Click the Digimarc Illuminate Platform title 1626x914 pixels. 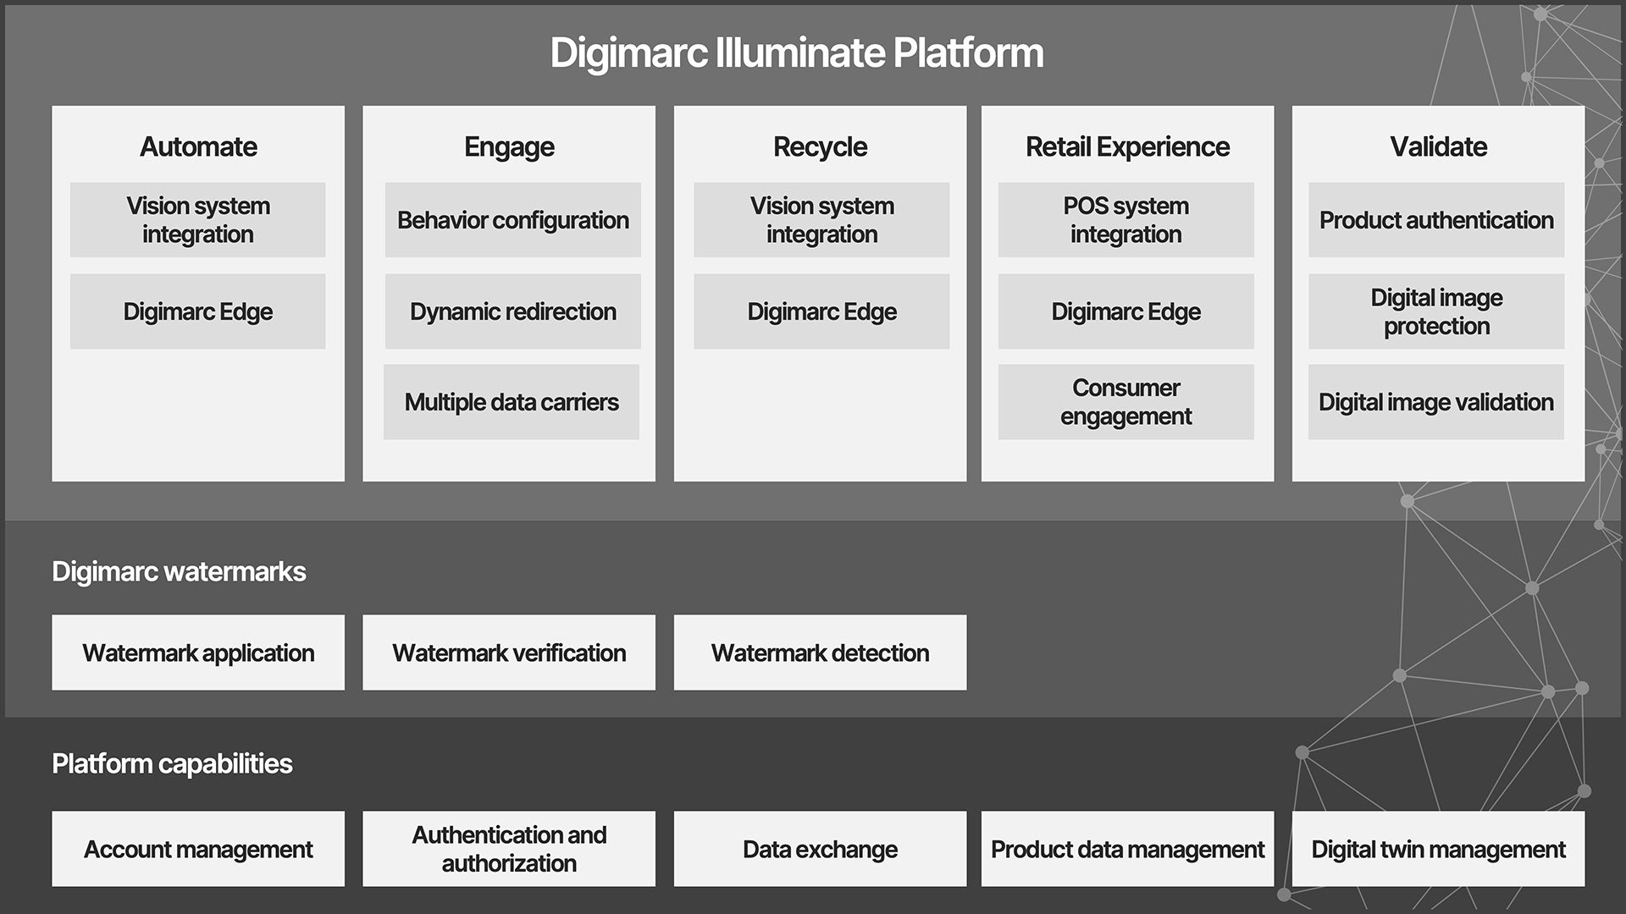(796, 52)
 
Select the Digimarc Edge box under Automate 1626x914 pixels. (197, 311)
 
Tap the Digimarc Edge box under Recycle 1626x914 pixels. (821, 311)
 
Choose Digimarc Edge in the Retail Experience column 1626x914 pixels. (1125, 311)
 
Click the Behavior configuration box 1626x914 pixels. (512, 220)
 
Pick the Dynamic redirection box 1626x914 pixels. (512, 311)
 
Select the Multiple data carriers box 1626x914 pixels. (512, 402)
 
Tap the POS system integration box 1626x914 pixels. (1125, 220)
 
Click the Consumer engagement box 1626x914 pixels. (1125, 402)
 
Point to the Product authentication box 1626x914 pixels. (1436, 220)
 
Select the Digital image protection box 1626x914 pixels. (1436, 311)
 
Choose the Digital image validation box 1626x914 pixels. (1435, 402)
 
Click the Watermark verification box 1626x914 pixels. (509, 652)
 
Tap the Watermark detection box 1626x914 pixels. (820, 652)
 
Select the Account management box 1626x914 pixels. (198, 849)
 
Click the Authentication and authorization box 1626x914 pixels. (509, 849)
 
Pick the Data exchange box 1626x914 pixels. (820, 849)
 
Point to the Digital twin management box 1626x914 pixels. (1438, 849)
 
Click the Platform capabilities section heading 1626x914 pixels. (172, 763)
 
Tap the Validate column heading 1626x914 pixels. (1438, 146)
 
